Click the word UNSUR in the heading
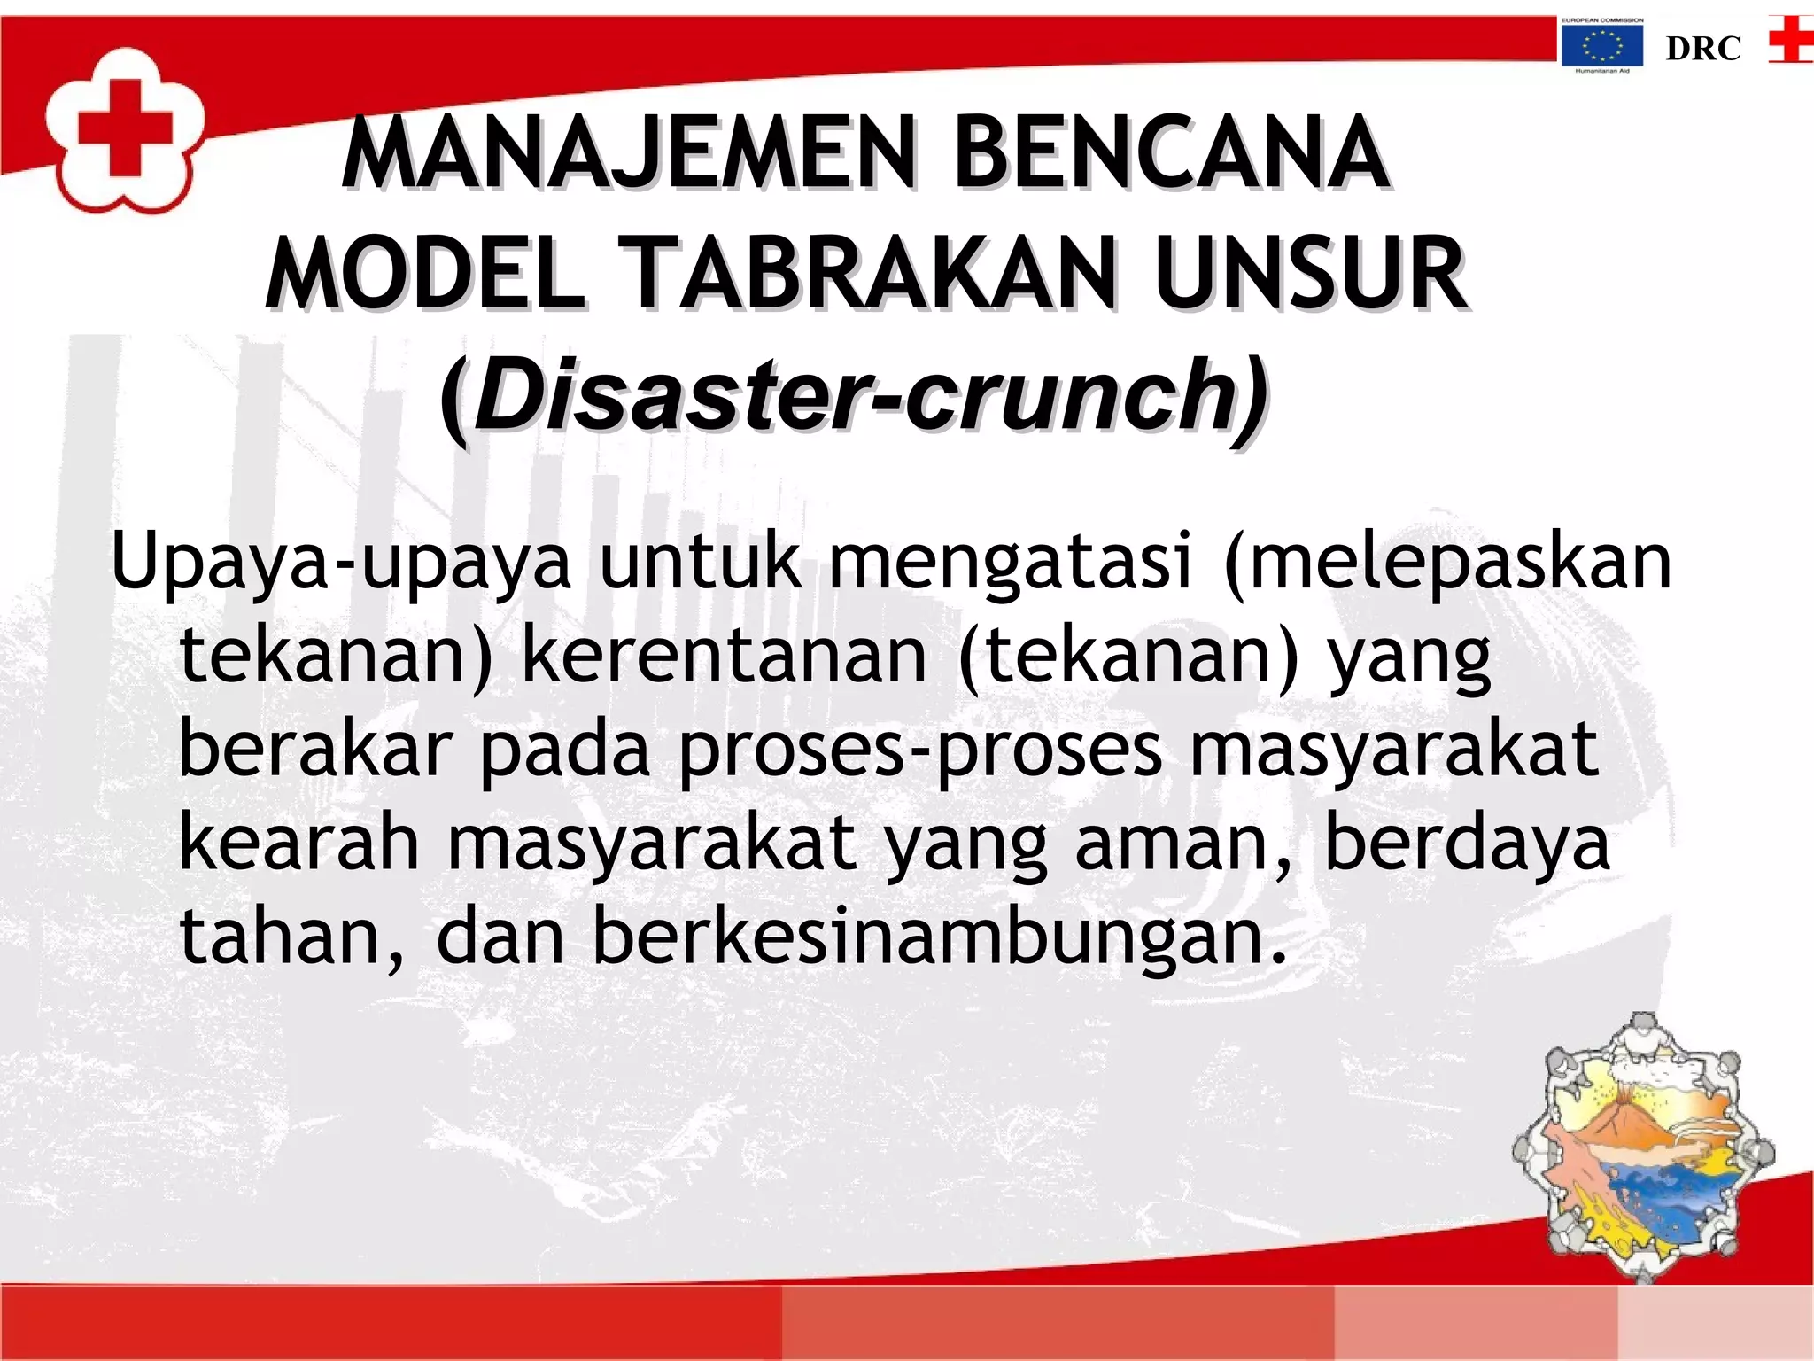(x=1311, y=274)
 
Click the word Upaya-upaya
(x=341, y=562)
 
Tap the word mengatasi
(x=1010, y=562)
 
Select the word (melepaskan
(x=1446, y=562)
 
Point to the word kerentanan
(x=724, y=657)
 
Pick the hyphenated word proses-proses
(x=919, y=750)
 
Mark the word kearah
(x=299, y=843)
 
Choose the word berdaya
(x=1466, y=843)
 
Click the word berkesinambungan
(x=939, y=937)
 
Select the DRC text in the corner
(x=1702, y=49)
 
